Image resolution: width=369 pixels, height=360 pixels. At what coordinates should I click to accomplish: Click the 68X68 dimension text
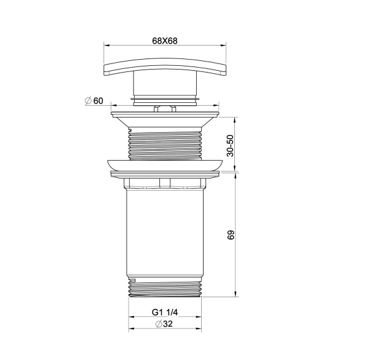click(x=164, y=41)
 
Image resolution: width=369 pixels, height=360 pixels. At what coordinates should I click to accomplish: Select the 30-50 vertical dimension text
click(x=230, y=145)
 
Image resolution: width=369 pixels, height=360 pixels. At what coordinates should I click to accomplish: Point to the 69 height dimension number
click(x=231, y=236)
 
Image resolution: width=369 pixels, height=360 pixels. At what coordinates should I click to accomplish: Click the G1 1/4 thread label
click(x=164, y=313)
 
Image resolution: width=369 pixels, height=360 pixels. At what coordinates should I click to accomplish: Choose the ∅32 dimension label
click(x=164, y=324)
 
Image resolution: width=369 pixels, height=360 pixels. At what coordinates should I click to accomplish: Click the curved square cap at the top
click(x=164, y=66)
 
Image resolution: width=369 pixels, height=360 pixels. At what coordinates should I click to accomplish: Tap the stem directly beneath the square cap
click(x=164, y=86)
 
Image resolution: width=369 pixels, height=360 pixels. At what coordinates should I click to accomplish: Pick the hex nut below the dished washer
click(x=164, y=183)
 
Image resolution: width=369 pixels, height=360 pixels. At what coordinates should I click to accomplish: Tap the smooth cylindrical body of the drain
click(x=164, y=234)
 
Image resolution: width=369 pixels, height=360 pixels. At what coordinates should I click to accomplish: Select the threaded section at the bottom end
click(x=164, y=288)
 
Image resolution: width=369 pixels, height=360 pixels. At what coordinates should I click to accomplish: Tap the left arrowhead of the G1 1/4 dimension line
click(x=130, y=318)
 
